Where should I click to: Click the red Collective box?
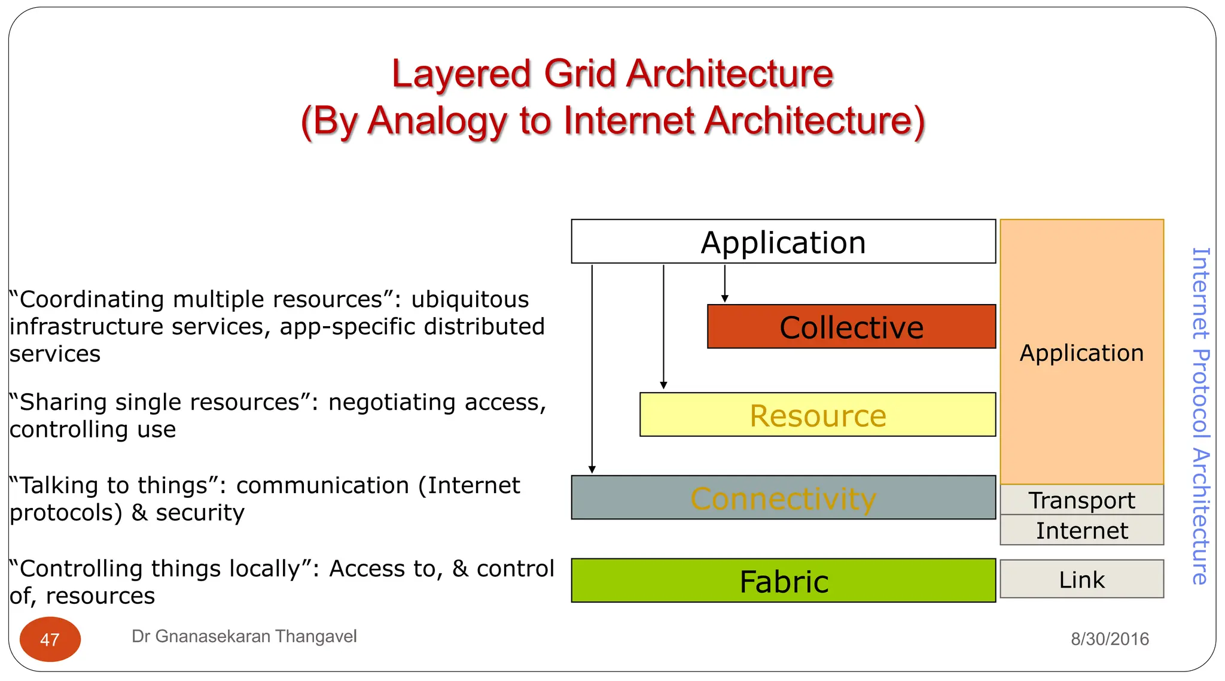tap(851, 327)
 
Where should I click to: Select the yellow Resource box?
tap(818, 415)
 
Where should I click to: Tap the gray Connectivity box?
tap(783, 497)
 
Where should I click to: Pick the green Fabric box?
tap(783, 580)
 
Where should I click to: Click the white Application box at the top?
tap(783, 242)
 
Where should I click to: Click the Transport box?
tap(1081, 500)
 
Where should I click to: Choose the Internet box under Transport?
tap(1081, 530)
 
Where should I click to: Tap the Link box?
tap(1081, 579)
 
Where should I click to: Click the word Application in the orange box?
tap(1081, 352)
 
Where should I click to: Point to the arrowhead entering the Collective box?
tap(724, 299)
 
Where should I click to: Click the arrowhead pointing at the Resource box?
tap(663, 385)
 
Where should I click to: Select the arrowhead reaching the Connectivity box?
tap(592, 469)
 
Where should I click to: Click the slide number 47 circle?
tap(50, 639)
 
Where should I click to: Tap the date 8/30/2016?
tap(1110, 639)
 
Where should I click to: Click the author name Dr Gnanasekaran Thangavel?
tap(244, 636)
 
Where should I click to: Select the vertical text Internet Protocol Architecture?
tap(1200, 415)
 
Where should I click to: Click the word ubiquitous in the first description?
tap(470, 299)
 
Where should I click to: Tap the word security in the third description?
tap(200, 513)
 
